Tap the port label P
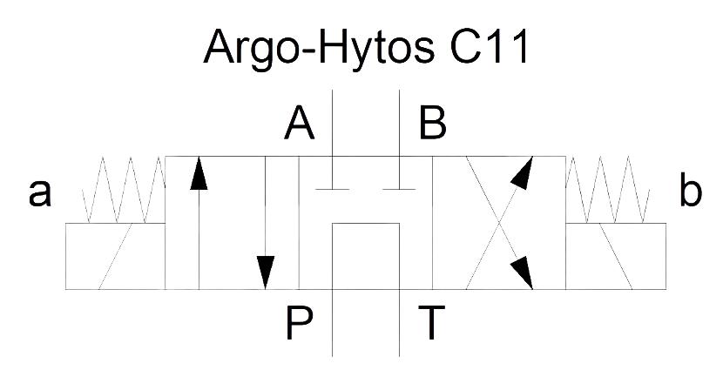pos(300,323)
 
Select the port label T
pos(431,323)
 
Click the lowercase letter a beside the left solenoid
pos(40,193)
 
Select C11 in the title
pos(490,46)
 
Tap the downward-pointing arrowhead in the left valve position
pos(265,272)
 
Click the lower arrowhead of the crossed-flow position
pos(524,272)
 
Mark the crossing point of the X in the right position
pos(499,223)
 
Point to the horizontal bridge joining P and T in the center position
pos(366,224)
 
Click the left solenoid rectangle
pos(115,256)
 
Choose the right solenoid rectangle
pos(616,256)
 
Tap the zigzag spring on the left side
pos(124,190)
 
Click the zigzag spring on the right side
pos(607,190)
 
